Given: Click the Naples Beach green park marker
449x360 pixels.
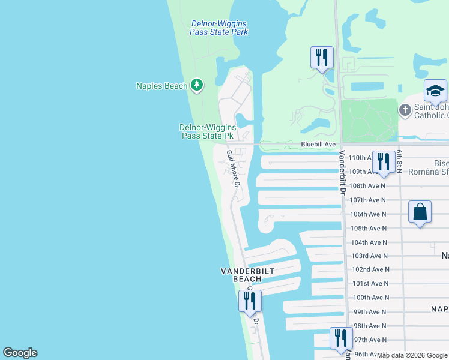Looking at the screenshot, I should click(x=196, y=86).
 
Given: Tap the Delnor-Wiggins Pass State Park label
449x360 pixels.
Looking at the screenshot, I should click(x=219, y=28).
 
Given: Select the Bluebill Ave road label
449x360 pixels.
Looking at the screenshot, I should click(x=318, y=145).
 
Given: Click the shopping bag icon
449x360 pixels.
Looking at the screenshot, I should click(x=420, y=212).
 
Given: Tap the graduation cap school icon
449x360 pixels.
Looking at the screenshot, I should click(x=435, y=91).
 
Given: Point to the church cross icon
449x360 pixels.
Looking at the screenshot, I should click(x=405, y=110).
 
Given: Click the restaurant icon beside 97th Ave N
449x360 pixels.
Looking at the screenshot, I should click(x=340, y=338).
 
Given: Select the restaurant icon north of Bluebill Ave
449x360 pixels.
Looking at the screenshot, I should click(x=322, y=58).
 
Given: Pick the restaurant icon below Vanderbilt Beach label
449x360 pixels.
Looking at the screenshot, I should click(x=250, y=301).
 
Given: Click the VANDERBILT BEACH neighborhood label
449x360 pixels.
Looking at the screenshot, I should click(x=247, y=275).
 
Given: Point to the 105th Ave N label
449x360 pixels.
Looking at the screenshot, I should click(x=369, y=228).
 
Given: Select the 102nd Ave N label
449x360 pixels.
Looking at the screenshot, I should click(x=370, y=270).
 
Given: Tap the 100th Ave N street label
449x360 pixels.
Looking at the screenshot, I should click(x=370, y=298).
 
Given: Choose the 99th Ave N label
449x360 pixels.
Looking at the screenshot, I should click(x=370, y=312).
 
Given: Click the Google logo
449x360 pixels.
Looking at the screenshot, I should click(x=20, y=353).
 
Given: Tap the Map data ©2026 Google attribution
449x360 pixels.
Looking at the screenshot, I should click(x=412, y=355).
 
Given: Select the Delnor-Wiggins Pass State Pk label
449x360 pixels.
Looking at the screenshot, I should click(x=206, y=131).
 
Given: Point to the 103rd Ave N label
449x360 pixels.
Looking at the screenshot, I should click(x=369, y=256).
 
